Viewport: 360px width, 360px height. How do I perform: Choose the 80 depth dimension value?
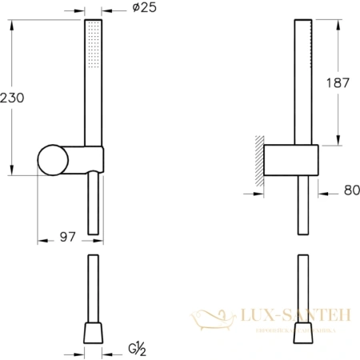tap(342, 192)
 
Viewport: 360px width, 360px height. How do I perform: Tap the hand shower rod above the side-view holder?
tap(302, 80)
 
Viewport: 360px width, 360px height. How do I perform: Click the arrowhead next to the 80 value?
tap(322, 192)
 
